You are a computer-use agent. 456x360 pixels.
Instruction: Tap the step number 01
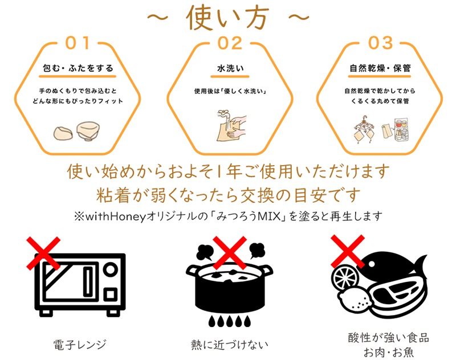[x=78, y=43]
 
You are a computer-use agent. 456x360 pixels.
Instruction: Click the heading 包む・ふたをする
[x=78, y=68]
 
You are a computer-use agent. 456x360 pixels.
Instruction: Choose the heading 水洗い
[x=227, y=68]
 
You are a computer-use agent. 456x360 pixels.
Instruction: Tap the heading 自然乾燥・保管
[x=380, y=68]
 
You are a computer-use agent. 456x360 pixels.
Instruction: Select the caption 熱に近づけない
[x=229, y=344]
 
